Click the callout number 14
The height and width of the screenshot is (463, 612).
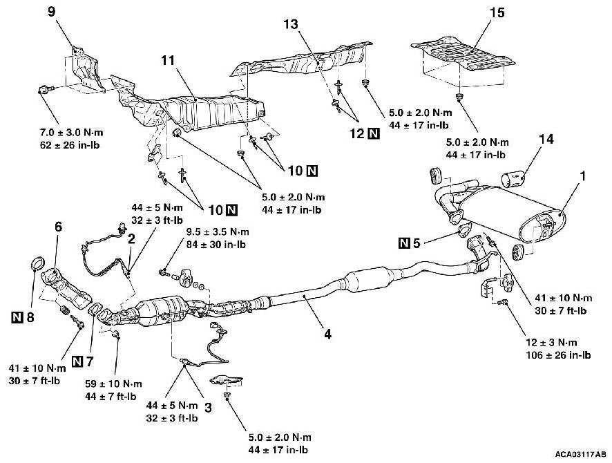546,139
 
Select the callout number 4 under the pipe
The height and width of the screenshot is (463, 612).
327,334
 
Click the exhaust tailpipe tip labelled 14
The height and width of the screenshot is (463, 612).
515,181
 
